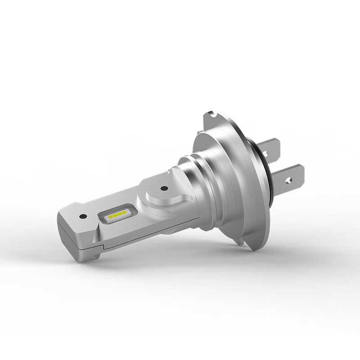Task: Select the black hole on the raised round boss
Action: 164,188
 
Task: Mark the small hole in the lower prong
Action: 289,181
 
